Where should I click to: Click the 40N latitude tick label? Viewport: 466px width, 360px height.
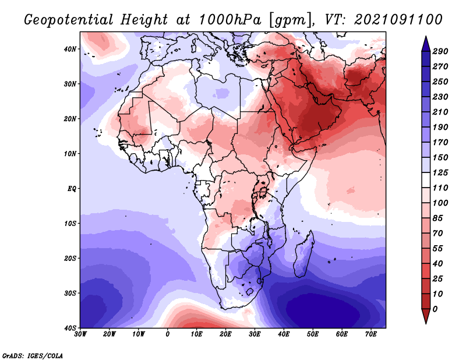(70, 49)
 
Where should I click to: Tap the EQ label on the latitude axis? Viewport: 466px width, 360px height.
(72, 189)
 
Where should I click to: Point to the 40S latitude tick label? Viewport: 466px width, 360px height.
(70, 328)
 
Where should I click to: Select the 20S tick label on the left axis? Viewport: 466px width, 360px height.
(70, 258)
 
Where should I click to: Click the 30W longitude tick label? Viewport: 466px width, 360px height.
(80, 334)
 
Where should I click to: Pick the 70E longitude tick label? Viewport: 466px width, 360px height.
(370, 334)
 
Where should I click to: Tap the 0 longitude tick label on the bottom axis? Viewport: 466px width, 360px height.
(168, 334)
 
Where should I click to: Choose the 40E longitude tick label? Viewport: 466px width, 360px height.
(284, 334)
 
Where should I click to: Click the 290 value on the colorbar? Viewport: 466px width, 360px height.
(440, 51)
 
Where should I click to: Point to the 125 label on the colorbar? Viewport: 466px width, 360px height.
(440, 172)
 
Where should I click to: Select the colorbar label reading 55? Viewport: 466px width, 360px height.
(437, 249)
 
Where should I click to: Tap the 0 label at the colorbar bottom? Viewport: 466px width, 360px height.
(435, 309)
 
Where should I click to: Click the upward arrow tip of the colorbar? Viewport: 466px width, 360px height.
(426, 37)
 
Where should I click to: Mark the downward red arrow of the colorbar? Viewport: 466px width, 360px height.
(426, 316)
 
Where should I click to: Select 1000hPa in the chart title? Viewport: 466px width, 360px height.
(230, 20)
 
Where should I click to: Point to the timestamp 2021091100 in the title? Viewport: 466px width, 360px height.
(398, 20)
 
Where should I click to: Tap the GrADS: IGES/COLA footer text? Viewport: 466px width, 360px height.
(33, 355)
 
